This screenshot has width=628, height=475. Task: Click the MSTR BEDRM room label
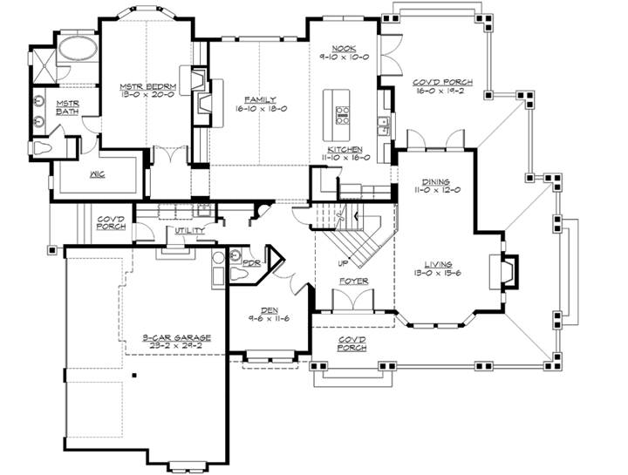pyautogui.click(x=141, y=85)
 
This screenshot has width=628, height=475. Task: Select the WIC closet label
pyautogui.click(x=96, y=173)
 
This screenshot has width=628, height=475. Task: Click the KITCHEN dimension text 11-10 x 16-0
pyautogui.click(x=348, y=159)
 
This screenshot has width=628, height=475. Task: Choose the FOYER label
pyautogui.click(x=354, y=282)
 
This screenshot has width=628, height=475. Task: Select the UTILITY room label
pyautogui.click(x=189, y=231)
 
